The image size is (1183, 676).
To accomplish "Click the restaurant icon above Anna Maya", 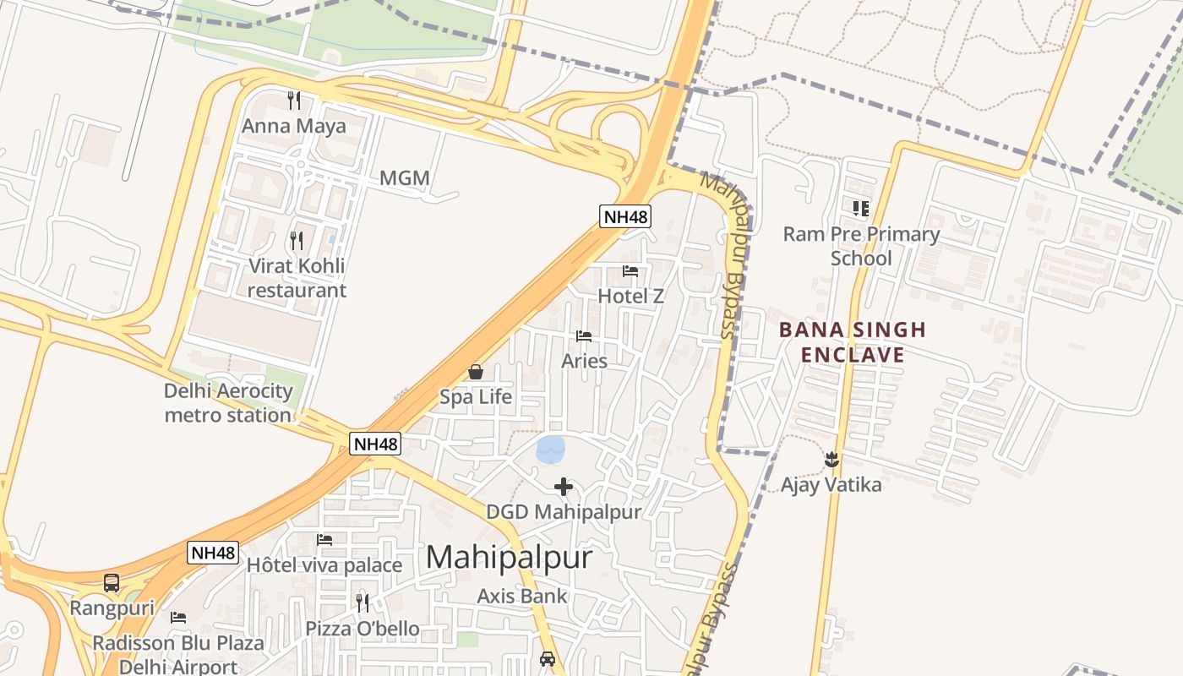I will pyautogui.click(x=294, y=101).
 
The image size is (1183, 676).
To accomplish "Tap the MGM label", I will pyautogui.click(x=405, y=178).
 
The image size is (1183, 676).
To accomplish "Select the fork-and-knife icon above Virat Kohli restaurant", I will pyautogui.click(x=296, y=241).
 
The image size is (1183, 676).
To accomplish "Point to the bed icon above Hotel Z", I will pyautogui.click(x=630, y=271).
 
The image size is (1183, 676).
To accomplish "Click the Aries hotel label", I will pyautogui.click(x=584, y=361).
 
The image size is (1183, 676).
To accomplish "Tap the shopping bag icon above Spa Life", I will pyautogui.click(x=476, y=372).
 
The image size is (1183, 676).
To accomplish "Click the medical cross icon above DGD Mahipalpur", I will pyautogui.click(x=564, y=487).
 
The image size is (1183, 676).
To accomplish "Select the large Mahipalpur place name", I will pyautogui.click(x=509, y=558).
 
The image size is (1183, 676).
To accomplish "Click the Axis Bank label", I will pyautogui.click(x=522, y=596).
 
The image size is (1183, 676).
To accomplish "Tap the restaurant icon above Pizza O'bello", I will pyautogui.click(x=363, y=602).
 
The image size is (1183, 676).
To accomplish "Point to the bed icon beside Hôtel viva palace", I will pyautogui.click(x=324, y=540).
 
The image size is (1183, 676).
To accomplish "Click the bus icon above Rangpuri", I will pyautogui.click(x=112, y=582).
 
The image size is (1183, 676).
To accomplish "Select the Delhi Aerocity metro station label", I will pyautogui.click(x=228, y=403).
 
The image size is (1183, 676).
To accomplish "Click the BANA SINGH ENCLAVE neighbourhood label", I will pyautogui.click(x=853, y=341).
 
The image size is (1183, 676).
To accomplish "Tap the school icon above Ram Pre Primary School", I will pyautogui.click(x=861, y=208).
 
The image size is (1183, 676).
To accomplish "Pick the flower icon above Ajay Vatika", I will pyautogui.click(x=832, y=460).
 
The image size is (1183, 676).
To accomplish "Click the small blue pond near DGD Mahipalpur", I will pyautogui.click(x=551, y=449).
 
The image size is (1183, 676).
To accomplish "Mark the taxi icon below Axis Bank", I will pyautogui.click(x=548, y=658).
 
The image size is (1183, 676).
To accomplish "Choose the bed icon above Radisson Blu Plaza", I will pyautogui.click(x=178, y=618).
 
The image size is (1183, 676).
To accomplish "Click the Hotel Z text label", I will pyautogui.click(x=630, y=297).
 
